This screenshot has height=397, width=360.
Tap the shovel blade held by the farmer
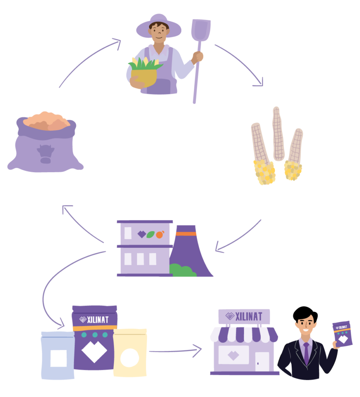click(x=201, y=29)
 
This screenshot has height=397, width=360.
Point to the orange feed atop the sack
click(x=47, y=121)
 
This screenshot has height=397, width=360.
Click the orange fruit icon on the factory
click(x=160, y=235)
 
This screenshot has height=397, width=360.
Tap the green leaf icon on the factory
click(x=151, y=235)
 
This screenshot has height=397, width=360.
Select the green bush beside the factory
click(x=183, y=271)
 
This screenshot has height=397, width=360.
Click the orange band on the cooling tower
click(x=186, y=233)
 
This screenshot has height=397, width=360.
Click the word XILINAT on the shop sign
click(x=249, y=316)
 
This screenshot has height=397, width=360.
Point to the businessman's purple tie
click(x=306, y=352)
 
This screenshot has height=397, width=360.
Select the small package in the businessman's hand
click(x=342, y=333)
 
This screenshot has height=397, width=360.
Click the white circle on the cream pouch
click(x=130, y=357)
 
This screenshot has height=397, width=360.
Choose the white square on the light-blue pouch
click(x=59, y=358)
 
